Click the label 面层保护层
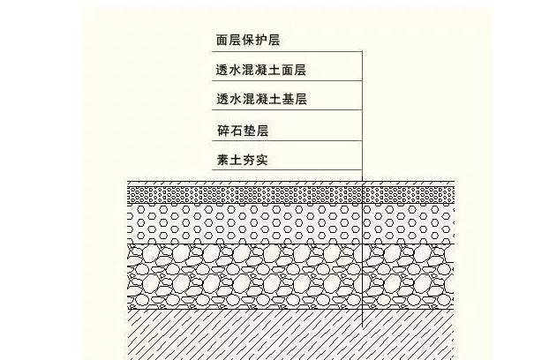coord(247,41)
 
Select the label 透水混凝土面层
coord(266,69)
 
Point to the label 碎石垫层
coord(241,131)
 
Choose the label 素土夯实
coord(241,160)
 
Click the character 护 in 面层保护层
coord(260,41)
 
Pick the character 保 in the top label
coord(247,41)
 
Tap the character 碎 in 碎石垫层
coord(222,131)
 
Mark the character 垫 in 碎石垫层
coord(248,131)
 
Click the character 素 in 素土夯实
coord(222,160)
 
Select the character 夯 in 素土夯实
coord(248,160)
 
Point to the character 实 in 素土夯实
coord(261,160)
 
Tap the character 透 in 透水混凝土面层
coord(222,69)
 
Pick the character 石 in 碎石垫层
coord(235,131)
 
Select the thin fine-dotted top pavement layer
coord(265,193)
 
